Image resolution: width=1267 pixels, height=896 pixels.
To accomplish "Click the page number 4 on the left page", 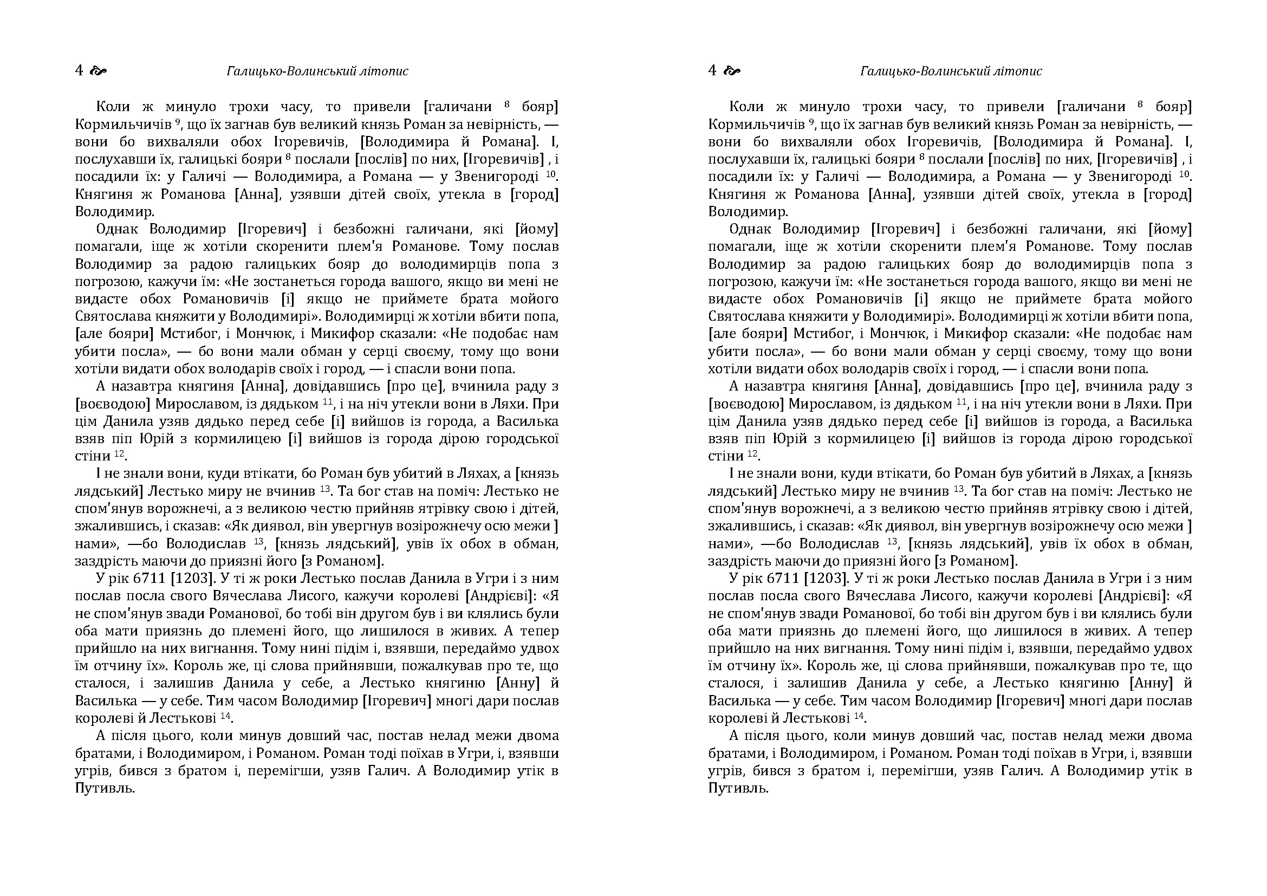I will tap(79, 70).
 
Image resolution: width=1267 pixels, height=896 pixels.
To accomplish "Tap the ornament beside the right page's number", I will tap(732, 70).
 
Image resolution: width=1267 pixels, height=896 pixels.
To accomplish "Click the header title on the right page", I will tap(951, 71).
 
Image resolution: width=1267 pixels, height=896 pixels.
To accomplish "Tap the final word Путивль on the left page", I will tap(105, 788).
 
